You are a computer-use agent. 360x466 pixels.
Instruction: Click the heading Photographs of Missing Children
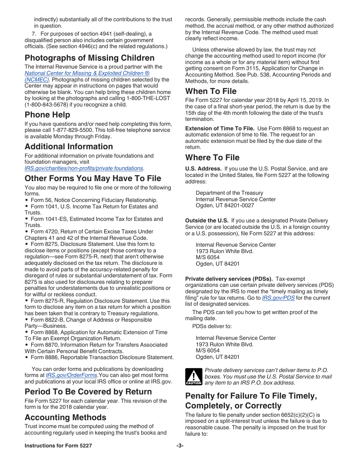(x=89, y=58)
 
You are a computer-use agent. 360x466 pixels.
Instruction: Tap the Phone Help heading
(x=47, y=115)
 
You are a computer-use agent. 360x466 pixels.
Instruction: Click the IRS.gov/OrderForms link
(x=71, y=375)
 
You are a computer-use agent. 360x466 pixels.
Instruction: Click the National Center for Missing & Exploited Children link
(x=87, y=73)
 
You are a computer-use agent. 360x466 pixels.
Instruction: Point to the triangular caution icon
(x=193, y=376)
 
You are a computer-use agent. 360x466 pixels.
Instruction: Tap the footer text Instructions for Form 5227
(x=58, y=446)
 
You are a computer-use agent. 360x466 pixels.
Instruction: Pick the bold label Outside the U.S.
(x=207, y=220)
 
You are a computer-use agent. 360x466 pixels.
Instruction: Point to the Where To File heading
(x=212, y=158)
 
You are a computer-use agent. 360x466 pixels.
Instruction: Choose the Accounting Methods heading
(x=66, y=418)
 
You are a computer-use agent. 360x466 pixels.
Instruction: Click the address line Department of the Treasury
(x=229, y=193)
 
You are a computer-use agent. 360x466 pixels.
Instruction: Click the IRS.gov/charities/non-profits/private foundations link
(x=84, y=168)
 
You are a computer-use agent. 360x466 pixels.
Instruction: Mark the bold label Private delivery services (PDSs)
(x=229, y=279)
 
